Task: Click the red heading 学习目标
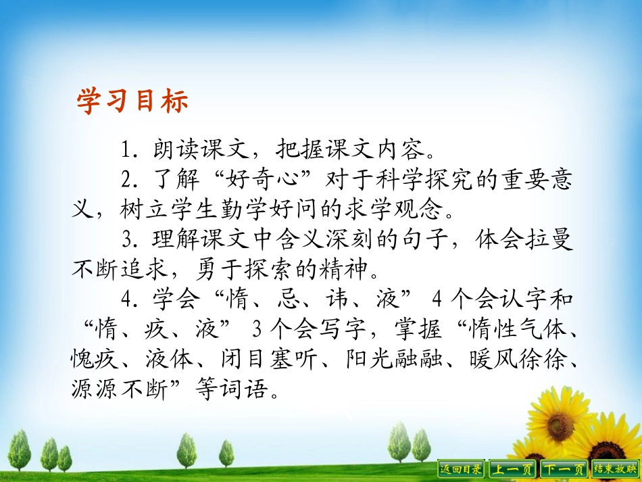point(132,102)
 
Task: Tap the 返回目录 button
point(462,468)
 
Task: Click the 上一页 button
point(512,468)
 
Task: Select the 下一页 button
point(564,468)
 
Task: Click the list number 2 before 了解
point(125,180)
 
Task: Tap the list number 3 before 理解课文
point(126,241)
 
